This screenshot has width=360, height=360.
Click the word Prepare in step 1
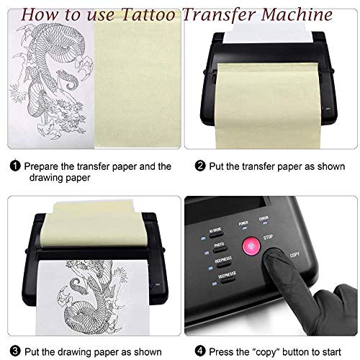click(42, 166)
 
